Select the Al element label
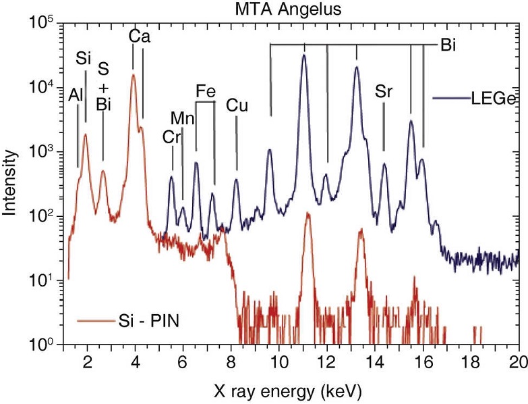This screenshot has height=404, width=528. click(76, 96)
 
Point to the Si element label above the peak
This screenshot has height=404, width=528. click(84, 59)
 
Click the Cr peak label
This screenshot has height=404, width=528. click(172, 136)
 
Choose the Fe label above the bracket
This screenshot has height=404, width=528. click(206, 90)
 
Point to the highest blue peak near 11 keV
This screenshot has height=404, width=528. click(304, 55)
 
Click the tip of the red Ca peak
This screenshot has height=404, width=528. click(134, 75)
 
